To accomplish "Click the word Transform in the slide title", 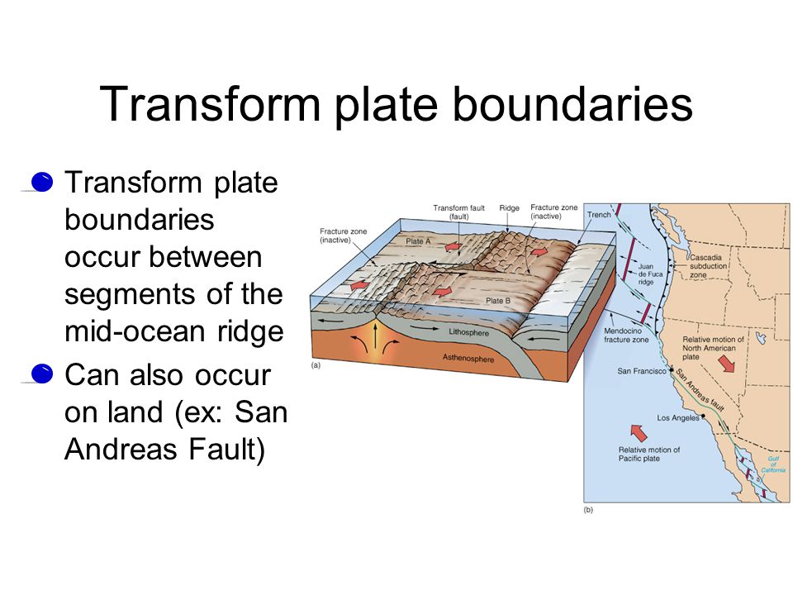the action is tap(210, 104).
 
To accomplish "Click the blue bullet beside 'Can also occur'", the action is tap(41, 374).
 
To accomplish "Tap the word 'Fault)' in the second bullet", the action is tap(226, 450).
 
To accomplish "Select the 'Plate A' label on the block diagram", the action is tap(418, 241).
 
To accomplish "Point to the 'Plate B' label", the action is tap(498, 301).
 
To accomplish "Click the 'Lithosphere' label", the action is tap(469, 332).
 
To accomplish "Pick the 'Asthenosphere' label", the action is tap(468, 358).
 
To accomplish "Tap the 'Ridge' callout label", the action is tap(510, 208).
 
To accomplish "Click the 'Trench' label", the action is tap(599, 215).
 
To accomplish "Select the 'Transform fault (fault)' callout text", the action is tap(458, 212).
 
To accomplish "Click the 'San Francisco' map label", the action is tap(642, 371).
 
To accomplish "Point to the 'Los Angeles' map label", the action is tap(677, 418).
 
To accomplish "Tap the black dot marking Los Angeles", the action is tap(703, 416).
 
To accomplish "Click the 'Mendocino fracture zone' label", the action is tap(626, 335).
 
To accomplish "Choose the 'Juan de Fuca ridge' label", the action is tap(650, 274).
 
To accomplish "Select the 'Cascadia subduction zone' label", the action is tap(708, 266).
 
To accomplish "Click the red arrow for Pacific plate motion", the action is tap(639, 432).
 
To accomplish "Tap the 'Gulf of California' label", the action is tap(773, 464).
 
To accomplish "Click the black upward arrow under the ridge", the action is tap(375, 336).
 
